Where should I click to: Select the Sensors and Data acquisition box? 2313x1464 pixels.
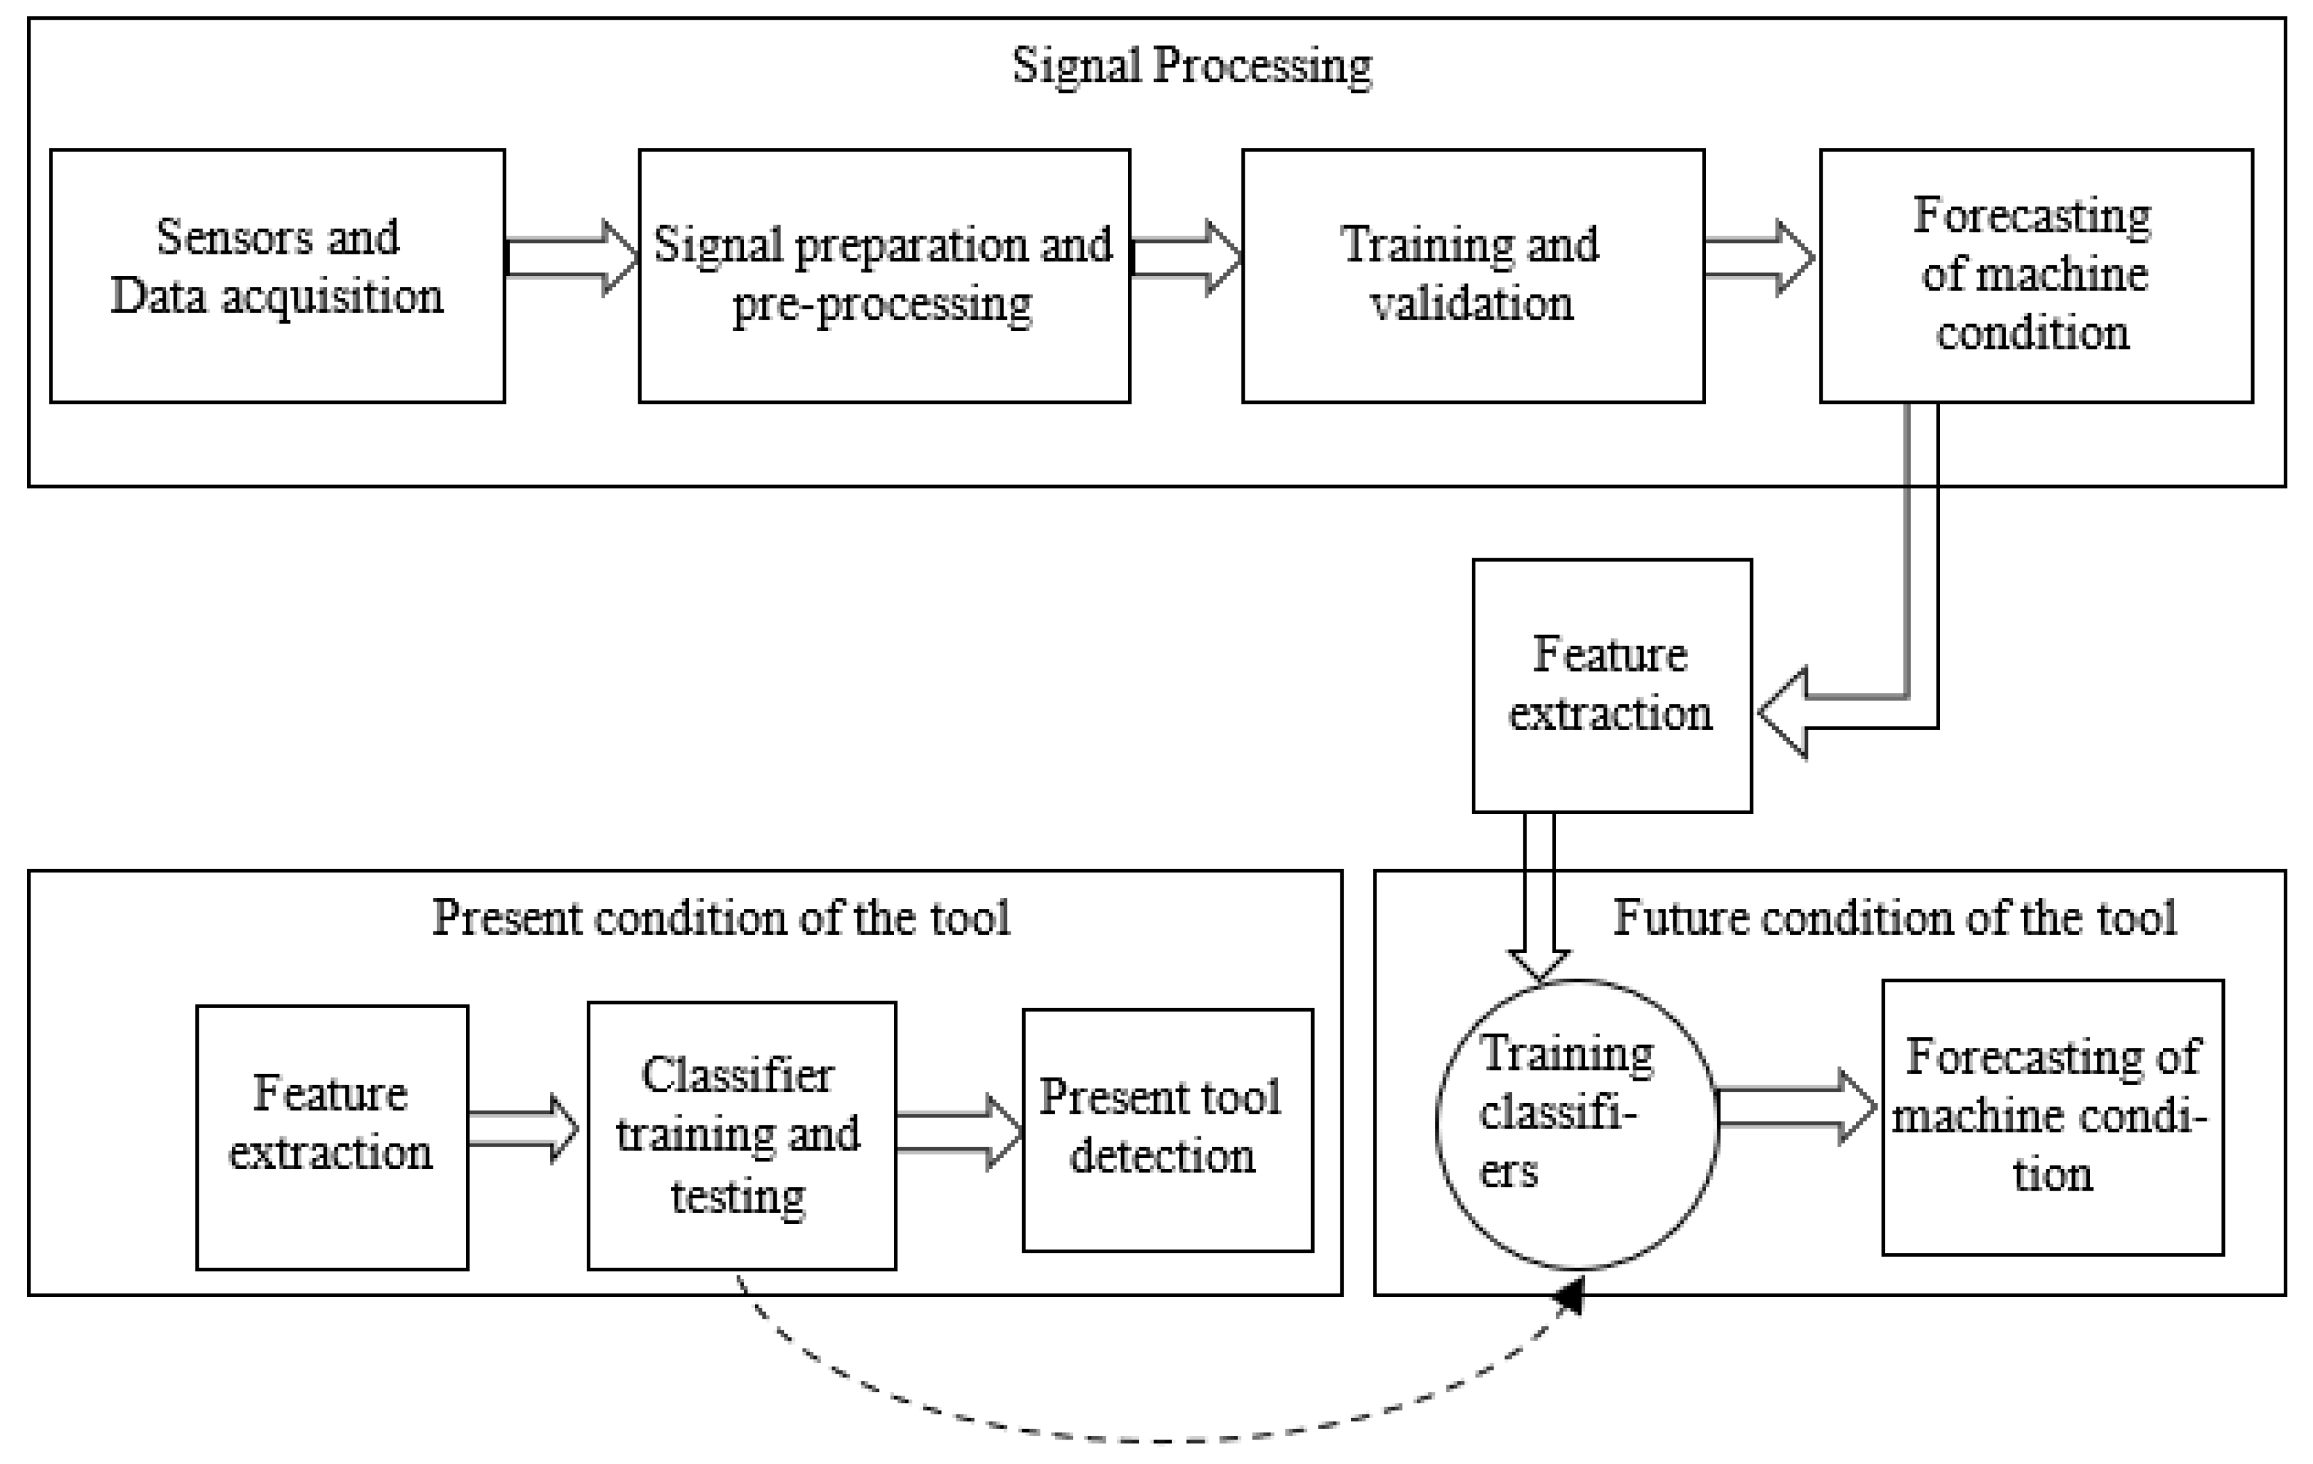pos(277,275)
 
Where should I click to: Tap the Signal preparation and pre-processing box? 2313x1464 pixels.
pos(884,275)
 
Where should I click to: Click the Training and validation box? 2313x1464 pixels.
pos(1473,275)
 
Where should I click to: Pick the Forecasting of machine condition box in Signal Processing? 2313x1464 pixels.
pos(2036,275)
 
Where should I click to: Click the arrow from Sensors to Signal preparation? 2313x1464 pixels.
pos(572,257)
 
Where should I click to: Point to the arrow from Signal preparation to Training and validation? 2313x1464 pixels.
pos(1186,257)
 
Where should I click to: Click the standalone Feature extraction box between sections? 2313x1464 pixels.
pos(1611,685)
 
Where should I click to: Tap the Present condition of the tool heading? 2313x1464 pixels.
pos(720,917)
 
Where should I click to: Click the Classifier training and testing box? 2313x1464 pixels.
pos(741,1136)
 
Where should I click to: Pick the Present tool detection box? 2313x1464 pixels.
pos(1167,1129)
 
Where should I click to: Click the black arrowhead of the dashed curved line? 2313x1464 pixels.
pos(1570,1298)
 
